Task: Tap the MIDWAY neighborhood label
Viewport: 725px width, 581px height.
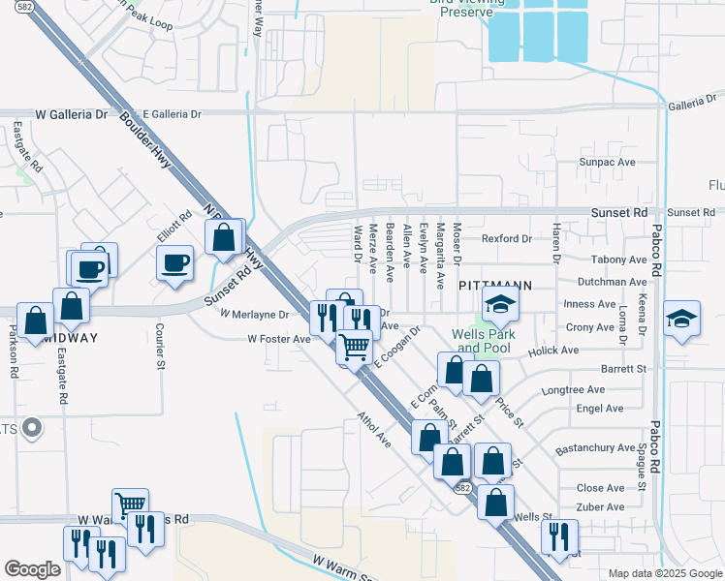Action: [x=70, y=337]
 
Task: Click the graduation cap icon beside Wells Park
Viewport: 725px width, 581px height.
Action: [x=500, y=306]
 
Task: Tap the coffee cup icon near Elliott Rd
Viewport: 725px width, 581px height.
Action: [x=174, y=263]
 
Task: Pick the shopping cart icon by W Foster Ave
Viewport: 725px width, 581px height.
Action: [x=355, y=346]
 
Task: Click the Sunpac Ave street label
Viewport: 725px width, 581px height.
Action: [x=606, y=162]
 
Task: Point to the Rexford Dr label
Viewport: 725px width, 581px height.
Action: [x=507, y=238]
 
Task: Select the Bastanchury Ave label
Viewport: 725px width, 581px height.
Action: [x=595, y=450]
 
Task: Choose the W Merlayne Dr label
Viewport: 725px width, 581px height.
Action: [x=255, y=315]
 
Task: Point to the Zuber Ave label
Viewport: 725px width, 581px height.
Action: [x=601, y=506]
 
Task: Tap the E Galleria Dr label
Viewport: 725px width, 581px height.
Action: [x=171, y=114]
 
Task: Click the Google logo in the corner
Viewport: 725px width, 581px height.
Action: [x=31, y=569]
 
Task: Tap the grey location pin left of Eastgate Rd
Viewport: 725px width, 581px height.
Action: [x=32, y=427]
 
